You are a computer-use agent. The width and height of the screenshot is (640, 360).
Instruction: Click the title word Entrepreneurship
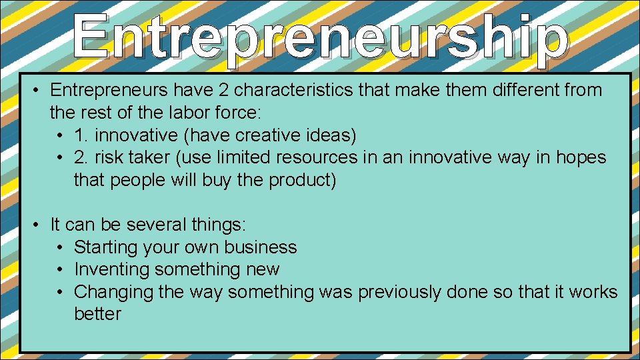320,40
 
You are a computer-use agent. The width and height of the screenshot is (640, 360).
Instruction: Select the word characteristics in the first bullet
304,90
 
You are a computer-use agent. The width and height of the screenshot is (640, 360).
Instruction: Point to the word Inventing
111,269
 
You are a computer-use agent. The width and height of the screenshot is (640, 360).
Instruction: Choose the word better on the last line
97,314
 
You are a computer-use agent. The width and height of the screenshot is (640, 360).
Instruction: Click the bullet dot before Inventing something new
60,270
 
